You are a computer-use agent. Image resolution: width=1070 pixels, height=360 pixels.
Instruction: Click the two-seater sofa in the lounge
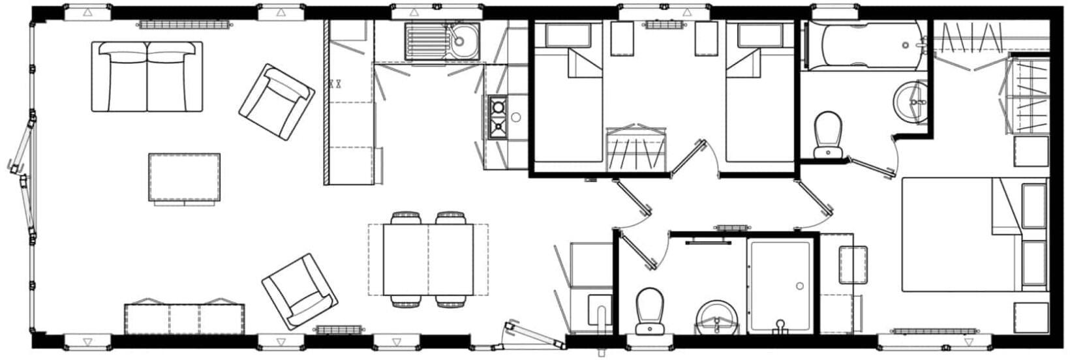click(147, 76)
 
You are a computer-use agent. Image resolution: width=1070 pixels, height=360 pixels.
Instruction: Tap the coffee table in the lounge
click(184, 177)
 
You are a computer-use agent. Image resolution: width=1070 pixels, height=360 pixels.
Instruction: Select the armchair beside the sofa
click(276, 100)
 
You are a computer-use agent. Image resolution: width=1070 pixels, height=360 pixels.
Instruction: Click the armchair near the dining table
click(299, 292)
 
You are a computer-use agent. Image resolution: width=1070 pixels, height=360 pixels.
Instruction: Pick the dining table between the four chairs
click(428, 259)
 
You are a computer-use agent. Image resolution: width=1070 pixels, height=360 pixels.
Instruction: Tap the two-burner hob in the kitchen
click(498, 117)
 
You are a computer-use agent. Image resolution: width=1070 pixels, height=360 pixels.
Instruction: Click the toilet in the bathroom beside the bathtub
click(828, 134)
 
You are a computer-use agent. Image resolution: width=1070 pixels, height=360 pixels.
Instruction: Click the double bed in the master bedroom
click(959, 234)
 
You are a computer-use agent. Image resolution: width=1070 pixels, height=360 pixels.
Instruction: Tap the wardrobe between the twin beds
click(637, 150)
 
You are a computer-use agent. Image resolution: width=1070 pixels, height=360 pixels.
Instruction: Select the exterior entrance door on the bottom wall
click(532, 334)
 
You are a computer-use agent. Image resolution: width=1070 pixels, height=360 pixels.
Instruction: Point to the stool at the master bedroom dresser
click(853, 264)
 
